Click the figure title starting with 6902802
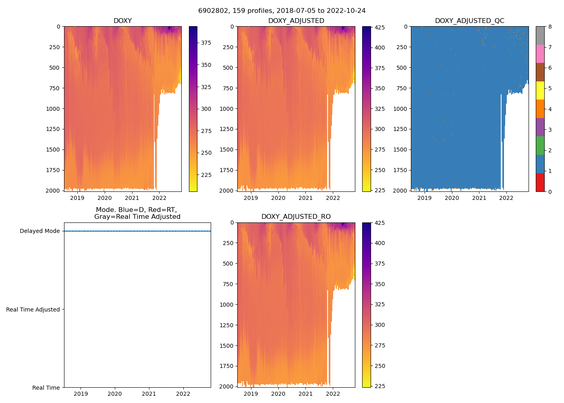pyautogui.click(x=282, y=11)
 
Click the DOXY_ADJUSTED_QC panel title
pyautogui.click(x=469, y=21)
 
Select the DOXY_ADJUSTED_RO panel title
pyautogui.click(x=296, y=217)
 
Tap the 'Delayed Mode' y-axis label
pyautogui.click(x=39, y=231)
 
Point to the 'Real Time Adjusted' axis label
pyautogui.click(x=33, y=310)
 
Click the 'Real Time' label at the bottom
pyautogui.click(x=46, y=388)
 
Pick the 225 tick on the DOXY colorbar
pyautogui.click(x=206, y=175)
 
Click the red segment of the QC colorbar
pyautogui.click(x=540, y=182)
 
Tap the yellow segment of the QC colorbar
pyautogui.click(x=540, y=91)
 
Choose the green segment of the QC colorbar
pyautogui.click(x=540, y=145)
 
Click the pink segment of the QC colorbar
pyautogui.click(x=540, y=54)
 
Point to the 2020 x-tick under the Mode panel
pyautogui.click(x=115, y=394)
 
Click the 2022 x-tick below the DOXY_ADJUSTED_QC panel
pyautogui.click(x=506, y=198)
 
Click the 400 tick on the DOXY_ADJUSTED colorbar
pyautogui.click(x=379, y=48)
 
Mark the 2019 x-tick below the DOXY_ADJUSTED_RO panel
pyautogui.click(x=251, y=394)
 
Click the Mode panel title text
pyautogui.click(x=137, y=213)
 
